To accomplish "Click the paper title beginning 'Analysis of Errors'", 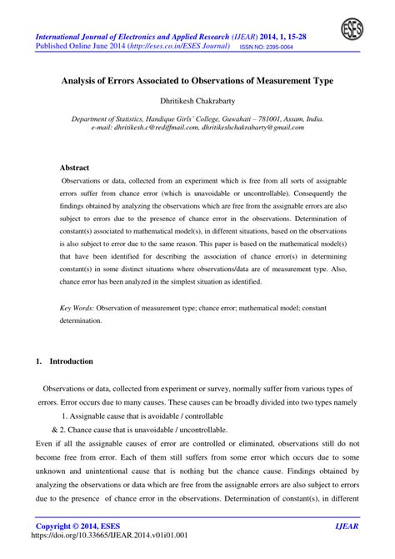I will [197, 82].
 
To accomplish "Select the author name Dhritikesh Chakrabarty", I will [197, 101].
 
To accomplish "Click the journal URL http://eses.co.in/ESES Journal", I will [185, 48].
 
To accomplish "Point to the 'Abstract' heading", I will [74, 167].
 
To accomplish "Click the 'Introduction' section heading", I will [72, 362].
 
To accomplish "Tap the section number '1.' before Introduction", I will [39, 362].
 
